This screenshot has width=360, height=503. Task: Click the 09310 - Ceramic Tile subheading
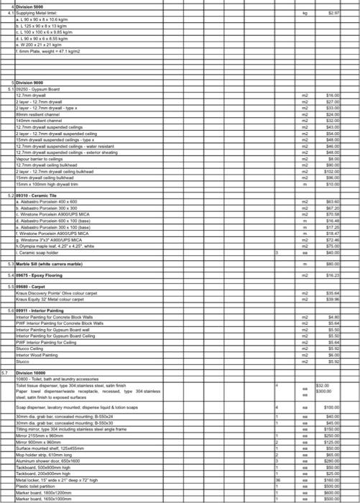(x=37, y=195)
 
